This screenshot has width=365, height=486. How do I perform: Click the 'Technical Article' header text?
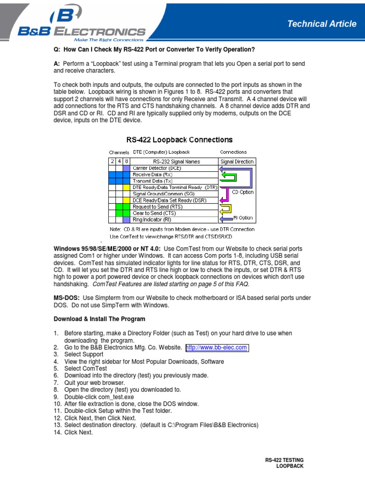click(322, 24)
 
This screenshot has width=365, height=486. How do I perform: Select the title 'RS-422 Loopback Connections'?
click(179, 140)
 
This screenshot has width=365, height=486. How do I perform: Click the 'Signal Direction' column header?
click(237, 161)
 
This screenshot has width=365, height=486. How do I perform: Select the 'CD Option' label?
click(242, 192)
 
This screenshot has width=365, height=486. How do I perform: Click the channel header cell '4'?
click(119, 161)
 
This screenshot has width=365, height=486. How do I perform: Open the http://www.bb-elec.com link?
click(217, 347)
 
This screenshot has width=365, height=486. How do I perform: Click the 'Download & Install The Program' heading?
click(99, 319)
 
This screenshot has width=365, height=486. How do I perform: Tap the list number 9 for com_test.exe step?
click(56, 397)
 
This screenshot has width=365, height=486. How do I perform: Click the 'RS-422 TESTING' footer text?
click(284, 460)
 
